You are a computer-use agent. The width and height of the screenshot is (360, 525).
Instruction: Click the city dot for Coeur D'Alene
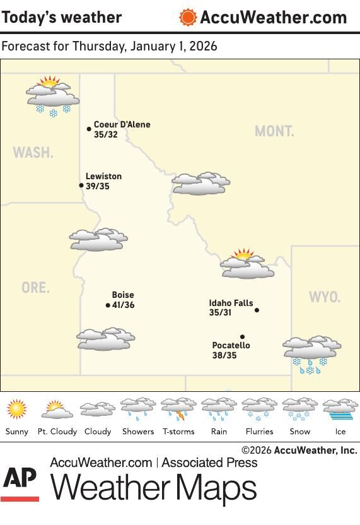click(x=89, y=129)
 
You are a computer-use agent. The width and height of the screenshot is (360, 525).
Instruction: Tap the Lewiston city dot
click(x=81, y=186)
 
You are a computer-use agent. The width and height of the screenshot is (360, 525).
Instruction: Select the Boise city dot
click(x=108, y=305)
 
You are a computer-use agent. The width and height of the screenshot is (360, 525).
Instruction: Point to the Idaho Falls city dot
click(x=257, y=310)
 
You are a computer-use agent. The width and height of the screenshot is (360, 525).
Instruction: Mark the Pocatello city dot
click(x=242, y=337)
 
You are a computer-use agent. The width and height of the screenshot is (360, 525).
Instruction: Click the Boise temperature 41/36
click(x=123, y=305)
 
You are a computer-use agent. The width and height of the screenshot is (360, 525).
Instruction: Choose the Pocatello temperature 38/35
click(x=224, y=355)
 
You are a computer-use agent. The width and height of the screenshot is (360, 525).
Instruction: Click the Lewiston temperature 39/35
click(x=98, y=186)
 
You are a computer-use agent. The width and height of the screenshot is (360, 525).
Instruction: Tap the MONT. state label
click(x=274, y=131)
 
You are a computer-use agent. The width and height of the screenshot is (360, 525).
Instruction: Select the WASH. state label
click(x=33, y=153)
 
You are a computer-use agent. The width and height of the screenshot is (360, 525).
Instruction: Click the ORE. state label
click(x=35, y=288)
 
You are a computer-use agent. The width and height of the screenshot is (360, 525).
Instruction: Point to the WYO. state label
click(x=325, y=297)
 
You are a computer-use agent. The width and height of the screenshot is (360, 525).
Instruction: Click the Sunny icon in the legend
click(x=17, y=409)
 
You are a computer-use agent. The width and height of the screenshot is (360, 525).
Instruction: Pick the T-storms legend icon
click(x=178, y=409)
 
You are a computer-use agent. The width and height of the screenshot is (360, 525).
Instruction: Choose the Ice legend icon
click(x=340, y=409)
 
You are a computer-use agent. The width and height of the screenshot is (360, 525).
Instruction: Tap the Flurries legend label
click(x=259, y=432)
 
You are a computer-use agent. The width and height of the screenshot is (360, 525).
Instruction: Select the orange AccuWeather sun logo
click(x=188, y=17)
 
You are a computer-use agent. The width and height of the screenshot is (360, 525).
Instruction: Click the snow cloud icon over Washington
click(x=52, y=96)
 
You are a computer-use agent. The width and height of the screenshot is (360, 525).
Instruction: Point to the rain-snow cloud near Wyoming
click(x=311, y=354)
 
